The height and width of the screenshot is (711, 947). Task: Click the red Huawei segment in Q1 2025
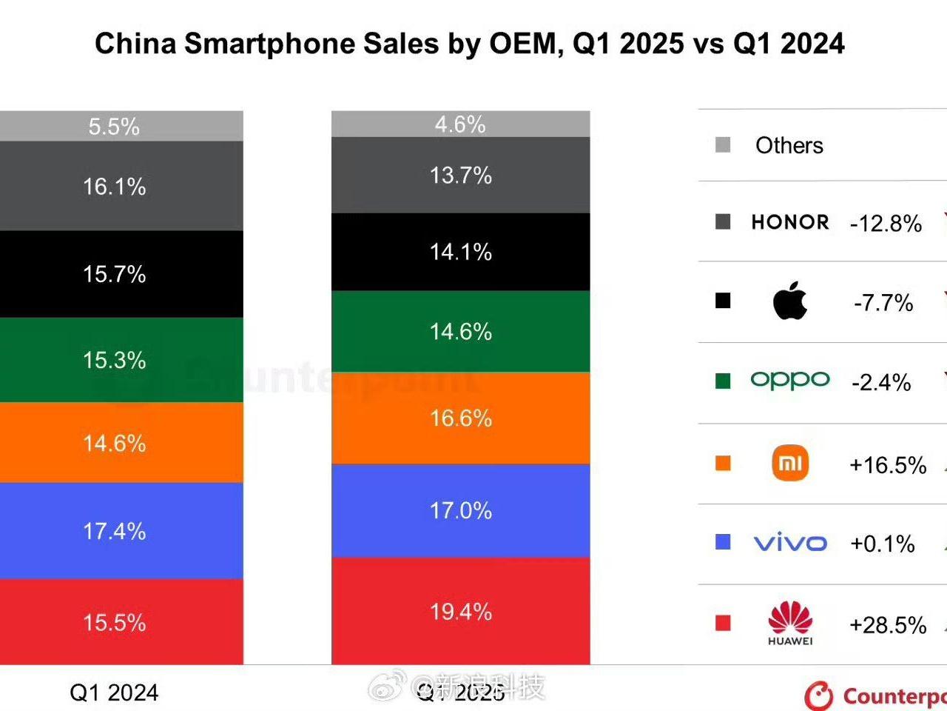click(460, 611)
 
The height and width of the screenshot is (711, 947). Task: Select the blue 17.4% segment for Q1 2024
click(115, 530)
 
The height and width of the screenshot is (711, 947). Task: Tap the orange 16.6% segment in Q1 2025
click(460, 418)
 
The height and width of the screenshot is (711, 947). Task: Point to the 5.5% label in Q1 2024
click(114, 127)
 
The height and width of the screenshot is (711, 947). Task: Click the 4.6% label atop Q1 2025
click(460, 124)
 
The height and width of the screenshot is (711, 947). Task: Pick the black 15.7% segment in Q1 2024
click(115, 274)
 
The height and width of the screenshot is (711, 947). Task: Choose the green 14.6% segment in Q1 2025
click(460, 331)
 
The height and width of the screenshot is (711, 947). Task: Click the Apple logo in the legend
click(789, 301)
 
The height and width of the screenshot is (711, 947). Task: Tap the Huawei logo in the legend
click(790, 623)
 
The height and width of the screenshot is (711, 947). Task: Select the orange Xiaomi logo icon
click(790, 464)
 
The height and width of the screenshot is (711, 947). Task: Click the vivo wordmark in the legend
click(790, 543)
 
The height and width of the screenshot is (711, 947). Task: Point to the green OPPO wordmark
click(790, 381)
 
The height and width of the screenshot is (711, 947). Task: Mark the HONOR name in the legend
click(790, 222)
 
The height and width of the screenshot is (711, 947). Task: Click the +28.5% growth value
click(888, 625)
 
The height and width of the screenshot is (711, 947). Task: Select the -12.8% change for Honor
click(886, 224)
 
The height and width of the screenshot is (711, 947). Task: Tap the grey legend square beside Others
click(723, 145)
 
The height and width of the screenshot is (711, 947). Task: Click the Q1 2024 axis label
click(114, 692)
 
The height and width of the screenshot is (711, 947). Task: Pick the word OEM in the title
click(522, 44)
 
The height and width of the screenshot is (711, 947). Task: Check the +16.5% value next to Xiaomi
click(888, 465)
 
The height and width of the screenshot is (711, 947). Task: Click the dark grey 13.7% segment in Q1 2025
click(460, 176)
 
